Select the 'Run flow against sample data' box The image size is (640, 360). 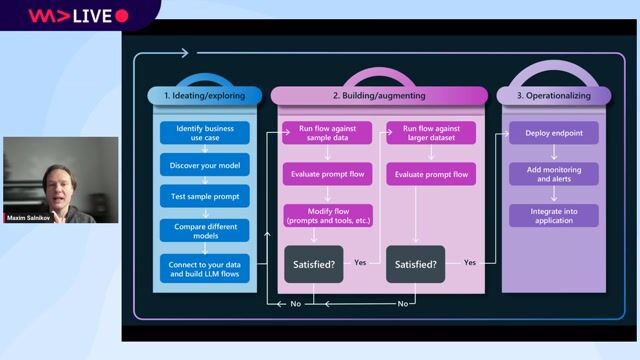(327, 134)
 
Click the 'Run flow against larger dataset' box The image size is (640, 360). (431, 134)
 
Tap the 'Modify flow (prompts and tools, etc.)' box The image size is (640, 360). (327, 215)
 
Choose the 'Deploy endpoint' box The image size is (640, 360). (553, 134)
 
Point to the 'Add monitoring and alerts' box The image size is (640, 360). (553, 175)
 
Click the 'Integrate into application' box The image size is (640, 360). (553, 215)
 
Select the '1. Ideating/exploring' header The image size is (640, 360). (206, 96)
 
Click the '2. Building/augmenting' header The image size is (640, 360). (379, 96)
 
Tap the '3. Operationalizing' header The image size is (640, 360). (553, 96)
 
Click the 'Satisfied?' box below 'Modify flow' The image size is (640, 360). (313, 265)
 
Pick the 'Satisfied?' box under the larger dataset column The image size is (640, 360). (416, 265)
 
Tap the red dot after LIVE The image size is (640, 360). (122, 16)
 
